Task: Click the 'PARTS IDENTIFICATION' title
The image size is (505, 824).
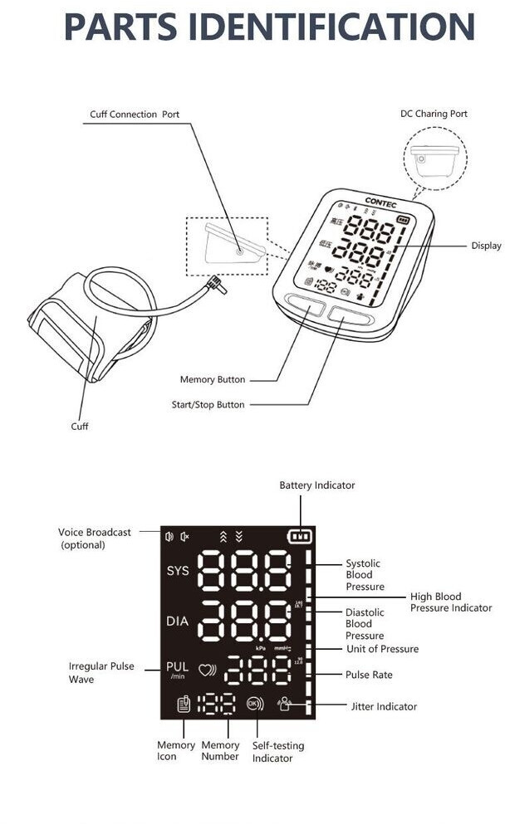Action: click(269, 27)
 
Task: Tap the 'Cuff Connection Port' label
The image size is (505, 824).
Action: click(135, 114)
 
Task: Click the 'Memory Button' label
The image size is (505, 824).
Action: click(213, 379)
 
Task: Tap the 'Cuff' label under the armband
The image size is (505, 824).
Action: click(79, 426)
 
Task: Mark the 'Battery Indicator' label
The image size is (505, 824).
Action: click(317, 485)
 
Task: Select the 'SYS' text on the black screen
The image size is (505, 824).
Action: click(178, 571)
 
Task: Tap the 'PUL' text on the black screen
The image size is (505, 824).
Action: click(178, 666)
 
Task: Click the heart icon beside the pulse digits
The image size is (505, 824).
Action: click(206, 670)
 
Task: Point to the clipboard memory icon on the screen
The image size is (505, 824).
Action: click(184, 705)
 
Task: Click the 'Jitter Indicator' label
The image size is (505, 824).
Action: click(384, 707)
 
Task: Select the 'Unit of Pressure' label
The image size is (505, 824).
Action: click(382, 649)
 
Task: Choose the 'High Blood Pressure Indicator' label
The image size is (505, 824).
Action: click(451, 602)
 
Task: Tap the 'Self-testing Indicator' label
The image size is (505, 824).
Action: click(272, 752)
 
